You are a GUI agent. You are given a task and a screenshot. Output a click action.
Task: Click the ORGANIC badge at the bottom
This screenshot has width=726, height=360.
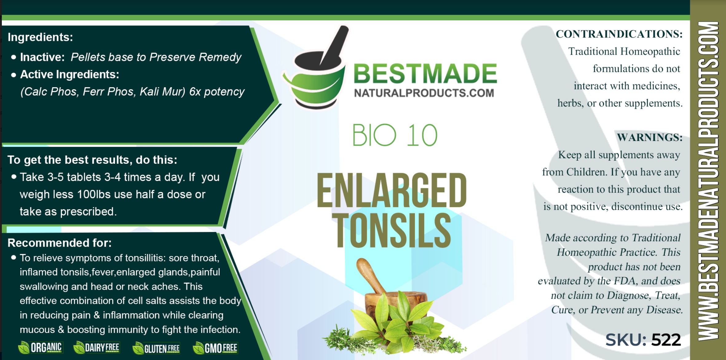40,348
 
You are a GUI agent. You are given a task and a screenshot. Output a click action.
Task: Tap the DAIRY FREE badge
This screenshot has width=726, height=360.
96,348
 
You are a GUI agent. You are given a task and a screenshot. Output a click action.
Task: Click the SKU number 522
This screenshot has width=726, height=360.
666,340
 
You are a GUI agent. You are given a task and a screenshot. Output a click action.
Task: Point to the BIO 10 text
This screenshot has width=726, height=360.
395,135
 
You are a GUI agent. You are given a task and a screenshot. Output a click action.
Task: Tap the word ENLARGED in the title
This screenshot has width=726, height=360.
392,190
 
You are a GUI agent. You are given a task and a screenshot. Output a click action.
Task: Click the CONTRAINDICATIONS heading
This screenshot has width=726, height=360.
619,34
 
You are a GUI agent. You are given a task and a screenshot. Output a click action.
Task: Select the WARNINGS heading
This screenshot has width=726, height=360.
650,137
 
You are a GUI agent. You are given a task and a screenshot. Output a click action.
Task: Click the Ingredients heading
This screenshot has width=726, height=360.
40,37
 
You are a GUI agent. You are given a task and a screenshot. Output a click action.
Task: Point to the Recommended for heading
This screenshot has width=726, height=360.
60,243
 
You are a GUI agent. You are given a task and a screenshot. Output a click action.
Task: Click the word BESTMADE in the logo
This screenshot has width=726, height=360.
425,74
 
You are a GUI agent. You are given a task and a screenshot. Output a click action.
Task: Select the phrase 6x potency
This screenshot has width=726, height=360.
217,92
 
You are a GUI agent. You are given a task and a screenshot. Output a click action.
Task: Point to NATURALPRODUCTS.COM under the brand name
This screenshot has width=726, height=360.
424,93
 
